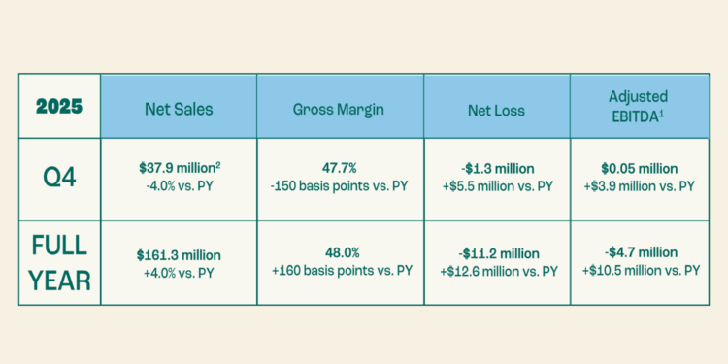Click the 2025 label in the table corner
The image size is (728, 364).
click(x=59, y=107)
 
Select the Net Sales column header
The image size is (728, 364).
click(x=179, y=109)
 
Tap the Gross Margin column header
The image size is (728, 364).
click(x=338, y=109)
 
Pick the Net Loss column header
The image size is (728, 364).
click(x=497, y=109)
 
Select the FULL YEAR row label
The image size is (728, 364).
click(x=59, y=262)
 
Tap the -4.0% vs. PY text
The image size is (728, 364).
click(x=179, y=185)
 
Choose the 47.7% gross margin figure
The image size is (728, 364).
click(x=338, y=168)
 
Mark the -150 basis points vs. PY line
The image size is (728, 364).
click(x=338, y=185)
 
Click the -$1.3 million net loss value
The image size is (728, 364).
click(x=497, y=168)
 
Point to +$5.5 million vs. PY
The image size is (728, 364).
click(x=497, y=185)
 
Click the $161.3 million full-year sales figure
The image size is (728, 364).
click(x=179, y=254)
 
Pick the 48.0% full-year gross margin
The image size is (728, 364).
click(x=338, y=254)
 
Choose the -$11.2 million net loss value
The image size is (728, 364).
click(x=497, y=254)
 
